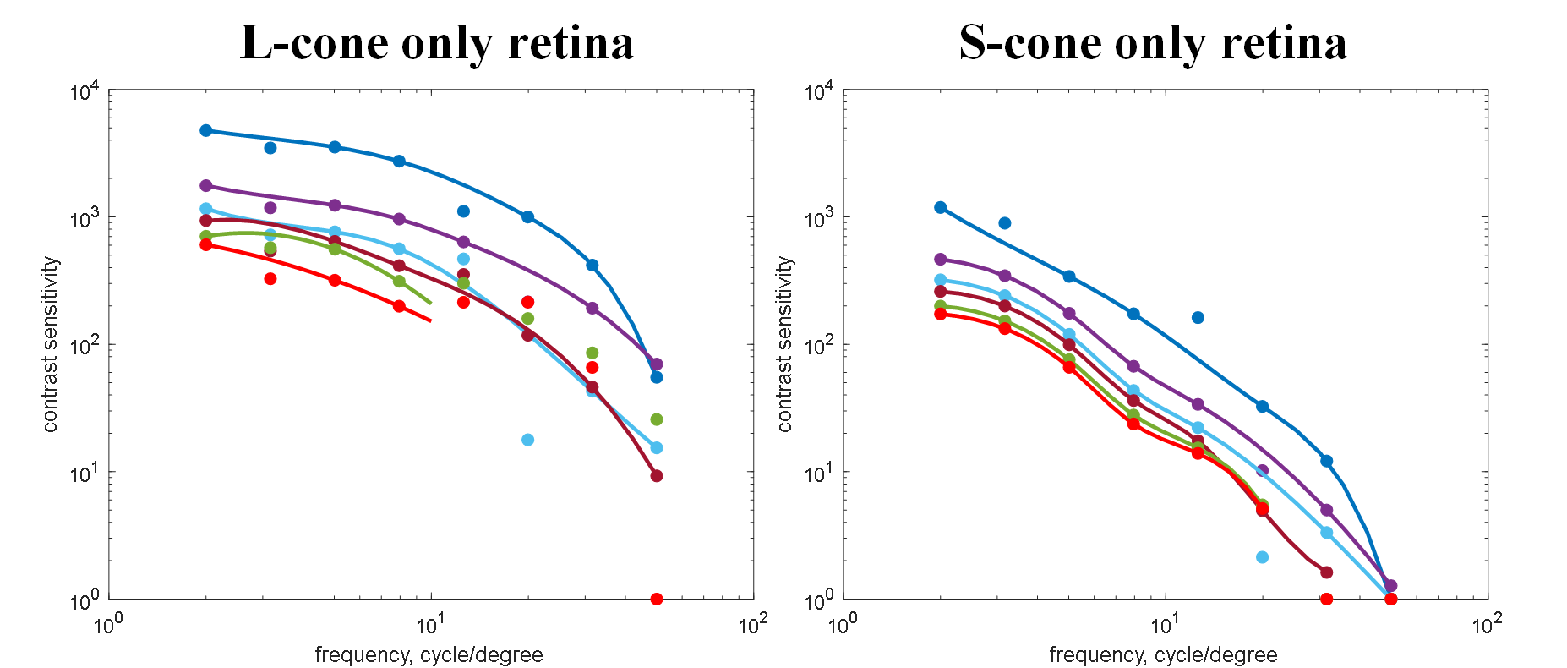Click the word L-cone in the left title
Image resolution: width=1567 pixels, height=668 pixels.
coord(314,44)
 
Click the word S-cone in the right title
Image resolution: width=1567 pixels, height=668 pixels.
coord(1029,44)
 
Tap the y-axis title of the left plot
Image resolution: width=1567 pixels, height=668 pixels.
coord(51,344)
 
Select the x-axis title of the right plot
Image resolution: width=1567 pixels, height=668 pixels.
coord(1163,654)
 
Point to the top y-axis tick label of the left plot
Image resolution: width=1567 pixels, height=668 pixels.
coord(85,91)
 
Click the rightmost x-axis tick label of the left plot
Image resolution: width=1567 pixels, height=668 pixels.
coord(752,625)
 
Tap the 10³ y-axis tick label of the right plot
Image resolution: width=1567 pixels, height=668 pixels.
coord(819,218)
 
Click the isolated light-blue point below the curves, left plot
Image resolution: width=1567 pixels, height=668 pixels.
coord(527,440)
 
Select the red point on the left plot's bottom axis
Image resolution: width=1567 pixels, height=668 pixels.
coord(657,599)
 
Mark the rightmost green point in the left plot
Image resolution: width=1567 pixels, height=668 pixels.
coord(657,419)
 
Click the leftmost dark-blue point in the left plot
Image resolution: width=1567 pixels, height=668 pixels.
coord(206,130)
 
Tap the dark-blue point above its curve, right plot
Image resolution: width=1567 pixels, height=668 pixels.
coord(1198,318)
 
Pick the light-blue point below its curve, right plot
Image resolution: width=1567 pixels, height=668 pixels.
coord(1262,557)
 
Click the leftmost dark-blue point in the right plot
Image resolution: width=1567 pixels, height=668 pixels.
coord(941,207)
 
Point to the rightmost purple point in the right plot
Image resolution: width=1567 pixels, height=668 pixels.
coord(1391,585)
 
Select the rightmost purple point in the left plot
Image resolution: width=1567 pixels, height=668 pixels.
coord(657,364)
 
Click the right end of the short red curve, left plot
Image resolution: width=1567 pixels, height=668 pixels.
coord(431,320)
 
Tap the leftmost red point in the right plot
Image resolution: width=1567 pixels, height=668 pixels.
coord(941,314)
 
